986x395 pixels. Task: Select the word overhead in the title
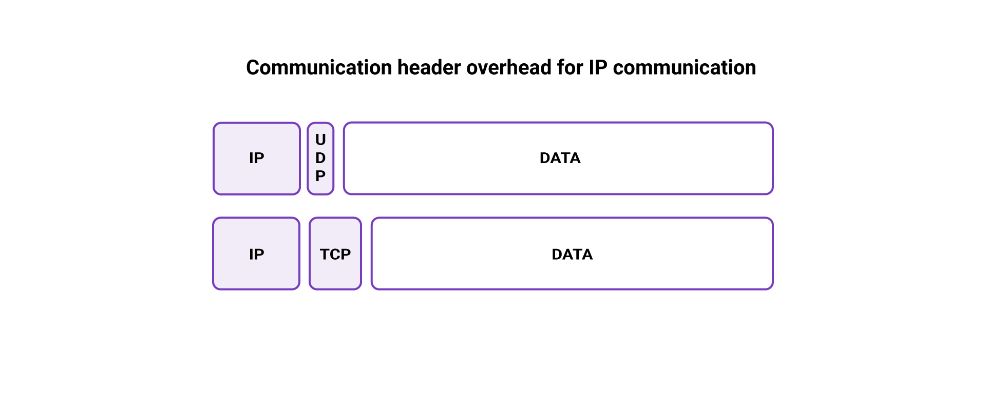tap(508, 68)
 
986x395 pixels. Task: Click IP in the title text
tap(598, 68)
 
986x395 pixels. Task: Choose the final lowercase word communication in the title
tap(684, 68)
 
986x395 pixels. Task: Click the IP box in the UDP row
tap(257, 158)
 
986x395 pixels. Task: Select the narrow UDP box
tap(320, 158)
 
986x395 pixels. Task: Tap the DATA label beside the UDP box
tap(560, 158)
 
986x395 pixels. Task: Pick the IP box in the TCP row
tap(256, 254)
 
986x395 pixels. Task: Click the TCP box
tap(335, 254)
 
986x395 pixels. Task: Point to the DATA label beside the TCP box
tap(572, 254)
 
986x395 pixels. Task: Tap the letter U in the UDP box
tap(320, 140)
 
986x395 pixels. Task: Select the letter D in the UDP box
tap(320, 158)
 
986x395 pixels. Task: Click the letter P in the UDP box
tap(320, 176)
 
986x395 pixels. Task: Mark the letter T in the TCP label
tap(325, 254)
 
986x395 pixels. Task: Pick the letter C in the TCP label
tap(335, 254)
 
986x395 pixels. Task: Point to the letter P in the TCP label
tap(346, 254)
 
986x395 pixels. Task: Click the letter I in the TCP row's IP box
tap(251, 254)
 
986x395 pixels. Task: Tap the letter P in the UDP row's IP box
tap(259, 158)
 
